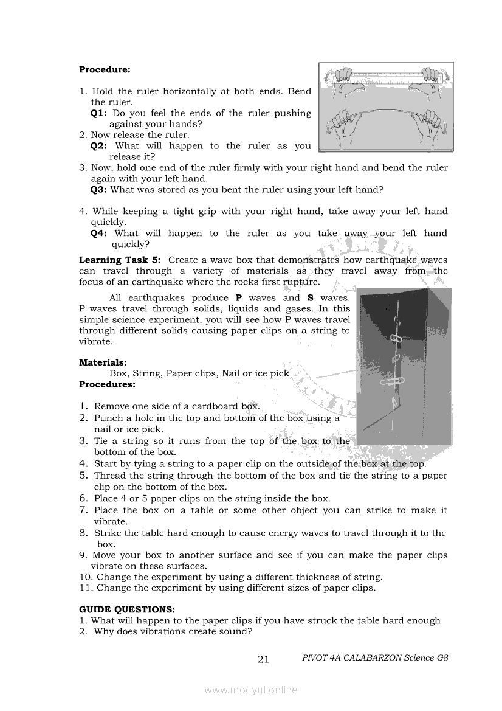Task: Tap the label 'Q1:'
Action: pyautogui.click(x=98, y=113)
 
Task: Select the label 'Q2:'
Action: pyautogui.click(x=98, y=146)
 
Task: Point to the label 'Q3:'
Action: pyautogui.click(x=98, y=190)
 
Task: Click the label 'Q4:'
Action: pyautogui.click(x=98, y=234)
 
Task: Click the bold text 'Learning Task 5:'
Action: pyautogui.click(x=120, y=260)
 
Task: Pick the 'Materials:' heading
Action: pyautogui.click(x=103, y=362)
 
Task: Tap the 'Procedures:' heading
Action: pyautogui.click(x=107, y=384)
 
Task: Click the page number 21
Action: pyautogui.click(x=263, y=659)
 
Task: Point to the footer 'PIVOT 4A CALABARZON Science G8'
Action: pyautogui.click(x=375, y=658)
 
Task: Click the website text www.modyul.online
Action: pyautogui.click(x=251, y=690)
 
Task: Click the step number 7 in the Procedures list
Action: pyautogui.click(x=84, y=510)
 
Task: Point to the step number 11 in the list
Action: pyautogui.click(x=85, y=588)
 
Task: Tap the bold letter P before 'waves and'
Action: pyautogui.click(x=239, y=298)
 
